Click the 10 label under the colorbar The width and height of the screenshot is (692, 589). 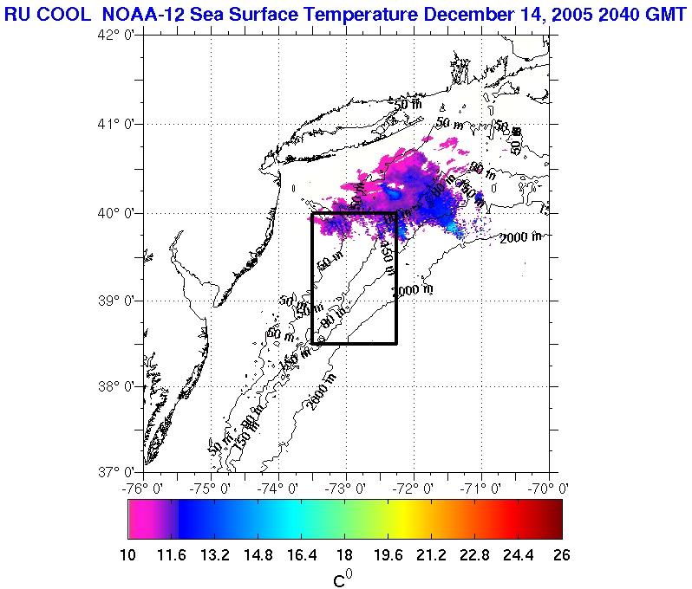(x=128, y=554)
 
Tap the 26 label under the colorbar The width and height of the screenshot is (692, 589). (x=562, y=554)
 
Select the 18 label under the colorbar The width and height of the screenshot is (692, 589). (x=344, y=554)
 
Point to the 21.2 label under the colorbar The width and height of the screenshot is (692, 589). (x=432, y=554)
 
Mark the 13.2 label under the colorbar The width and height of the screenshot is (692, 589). (x=215, y=554)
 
